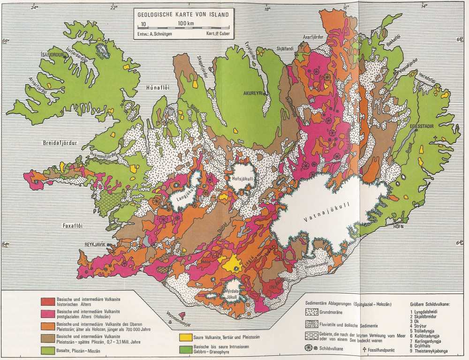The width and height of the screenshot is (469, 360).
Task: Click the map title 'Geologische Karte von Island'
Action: tap(183, 14)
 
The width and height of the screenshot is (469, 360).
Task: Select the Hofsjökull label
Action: tap(242, 178)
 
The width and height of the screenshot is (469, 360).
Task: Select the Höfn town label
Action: tap(401, 226)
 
